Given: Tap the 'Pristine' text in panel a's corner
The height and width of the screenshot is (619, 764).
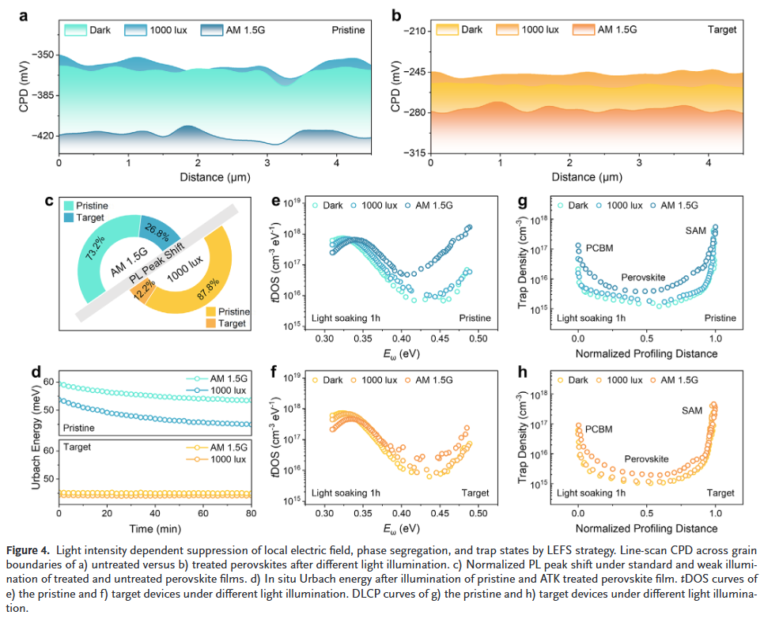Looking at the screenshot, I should (347, 30).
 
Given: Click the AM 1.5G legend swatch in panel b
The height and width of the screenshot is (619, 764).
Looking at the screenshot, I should (583, 30).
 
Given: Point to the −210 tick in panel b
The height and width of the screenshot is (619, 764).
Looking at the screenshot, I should (414, 31).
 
